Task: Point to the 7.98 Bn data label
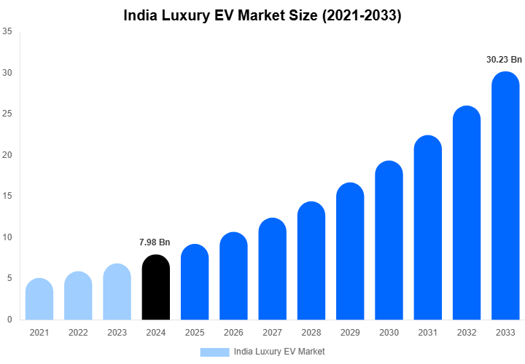pyautogui.click(x=155, y=242)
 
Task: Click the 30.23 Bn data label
pyautogui.click(x=505, y=60)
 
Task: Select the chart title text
pyautogui.click(x=262, y=15)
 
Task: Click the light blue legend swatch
pyautogui.click(x=214, y=352)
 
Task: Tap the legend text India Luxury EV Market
pyautogui.click(x=279, y=352)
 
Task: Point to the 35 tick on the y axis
pyautogui.click(x=7, y=32)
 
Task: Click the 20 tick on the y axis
pyautogui.click(x=7, y=155)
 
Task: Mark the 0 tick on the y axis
pyautogui.click(x=9, y=320)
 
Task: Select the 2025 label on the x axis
pyautogui.click(x=195, y=333)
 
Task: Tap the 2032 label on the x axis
pyautogui.click(x=467, y=333)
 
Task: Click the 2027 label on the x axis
pyautogui.click(x=272, y=333)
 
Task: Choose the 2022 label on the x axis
pyautogui.click(x=78, y=333)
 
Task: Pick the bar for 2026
pyautogui.click(x=233, y=276)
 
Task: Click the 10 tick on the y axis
pyautogui.click(x=7, y=237)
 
